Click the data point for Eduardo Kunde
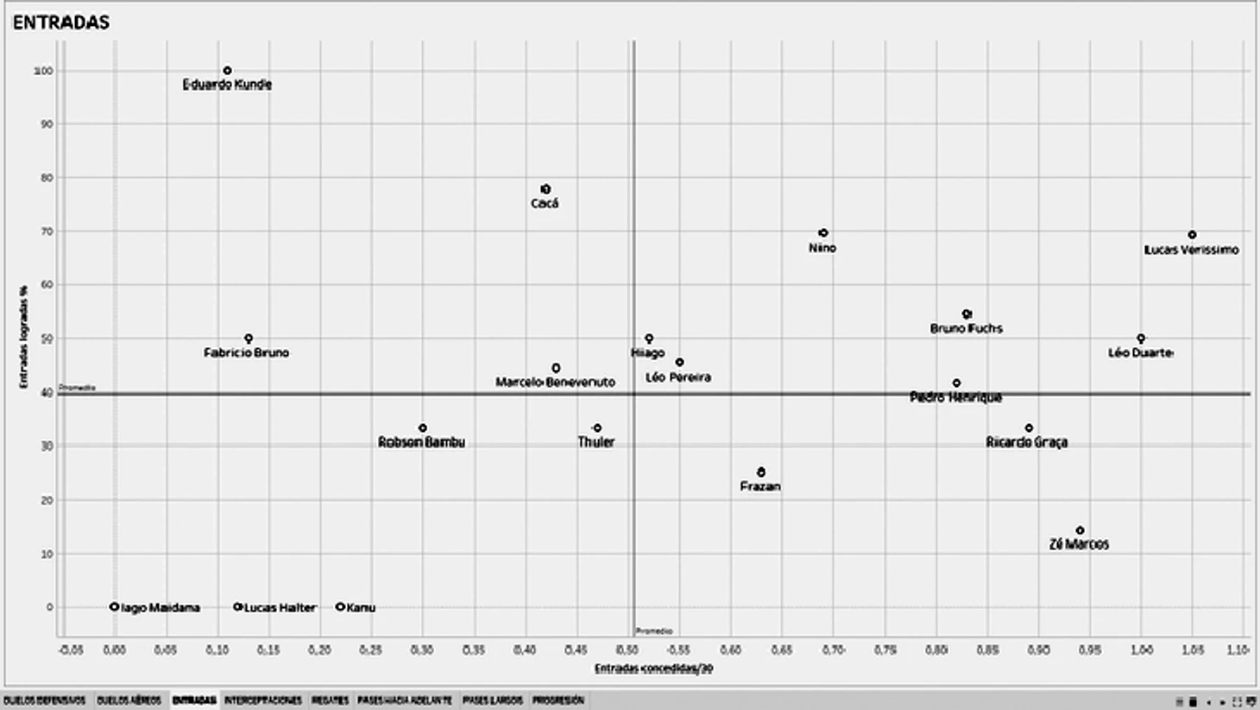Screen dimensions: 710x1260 pyautogui.click(x=227, y=71)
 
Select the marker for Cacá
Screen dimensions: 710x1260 pyautogui.click(x=545, y=189)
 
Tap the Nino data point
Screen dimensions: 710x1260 pyautogui.click(x=823, y=233)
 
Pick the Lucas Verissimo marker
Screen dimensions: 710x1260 pyautogui.click(x=1192, y=235)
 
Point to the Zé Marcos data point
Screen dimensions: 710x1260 pyautogui.click(x=1080, y=530)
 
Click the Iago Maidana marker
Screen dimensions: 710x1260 pyautogui.click(x=114, y=607)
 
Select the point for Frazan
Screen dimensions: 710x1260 pyautogui.click(x=761, y=472)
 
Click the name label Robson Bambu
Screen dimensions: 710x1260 pyautogui.click(x=421, y=442)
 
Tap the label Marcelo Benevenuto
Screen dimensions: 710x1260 pyautogui.click(x=555, y=382)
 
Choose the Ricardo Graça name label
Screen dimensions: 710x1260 pyautogui.click(x=1026, y=442)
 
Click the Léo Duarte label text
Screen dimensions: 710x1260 pyautogui.click(x=1140, y=352)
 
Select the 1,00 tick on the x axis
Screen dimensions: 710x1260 pyautogui.click(x=1141, y=650)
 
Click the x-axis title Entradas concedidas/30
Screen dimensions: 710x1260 pyautogui.click(x=653, y=669)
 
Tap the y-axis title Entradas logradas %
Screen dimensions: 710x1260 pyautogui.click(x=24, y=338)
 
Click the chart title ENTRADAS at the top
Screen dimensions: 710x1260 pyautogui.click(x=60, y=22)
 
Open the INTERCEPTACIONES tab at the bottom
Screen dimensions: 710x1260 pyautogui.click(x=262, y=700)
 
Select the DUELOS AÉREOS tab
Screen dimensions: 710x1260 pyautogui.click(x=129, y=700)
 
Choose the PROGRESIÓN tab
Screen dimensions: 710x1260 pyautogui.click(x=558, y=700)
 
